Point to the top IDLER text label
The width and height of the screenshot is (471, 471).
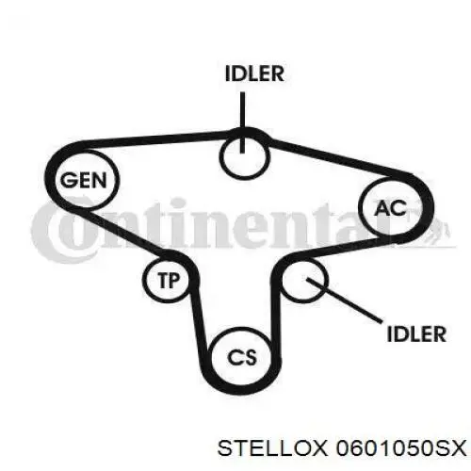pyautogui.click(x=254, y=73)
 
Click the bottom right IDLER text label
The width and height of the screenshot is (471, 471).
pyautogui.click(x=416, y=333)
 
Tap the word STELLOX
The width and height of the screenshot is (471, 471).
pyautogui.click(x=272, y=448)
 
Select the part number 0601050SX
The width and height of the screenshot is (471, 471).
pyautogui.click(x=401, y=448)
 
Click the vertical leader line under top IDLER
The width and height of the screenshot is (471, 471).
pyautogui.click(x=242, y=122)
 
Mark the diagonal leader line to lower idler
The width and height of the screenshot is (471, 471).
pyautogui.click(x=345, y=300)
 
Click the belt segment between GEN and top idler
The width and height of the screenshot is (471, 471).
pyautogui.click(x=151, y=138)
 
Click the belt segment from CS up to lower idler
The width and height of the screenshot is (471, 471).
pyautogui.click(x=275, y=317)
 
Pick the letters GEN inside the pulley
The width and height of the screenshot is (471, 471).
pyautogui.click(x=84, y=180)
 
